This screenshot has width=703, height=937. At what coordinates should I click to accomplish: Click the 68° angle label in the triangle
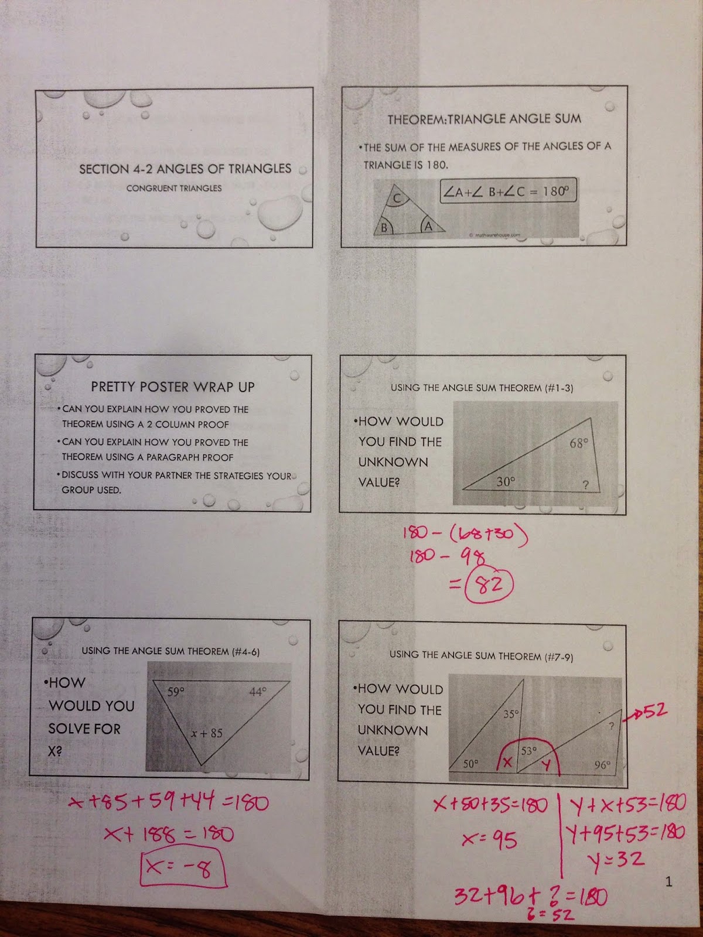[578, 443]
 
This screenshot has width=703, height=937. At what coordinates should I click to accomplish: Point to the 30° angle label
[506, 481]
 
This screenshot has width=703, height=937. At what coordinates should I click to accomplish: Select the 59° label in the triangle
[176, 692]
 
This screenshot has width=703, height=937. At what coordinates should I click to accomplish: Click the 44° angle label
[258, 692]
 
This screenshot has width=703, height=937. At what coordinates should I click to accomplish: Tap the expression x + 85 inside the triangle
[207, 733]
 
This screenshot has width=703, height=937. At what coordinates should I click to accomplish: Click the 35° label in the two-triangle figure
[511, 714]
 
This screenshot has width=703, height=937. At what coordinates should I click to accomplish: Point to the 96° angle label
[602, 765]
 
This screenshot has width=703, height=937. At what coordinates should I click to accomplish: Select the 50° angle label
[471, 764]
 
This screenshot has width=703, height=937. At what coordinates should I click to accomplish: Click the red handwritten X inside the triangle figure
[508, 762]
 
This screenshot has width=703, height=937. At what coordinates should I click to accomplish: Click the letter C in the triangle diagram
[397, 199]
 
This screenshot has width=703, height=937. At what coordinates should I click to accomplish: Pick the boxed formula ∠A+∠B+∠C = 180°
[507, 191]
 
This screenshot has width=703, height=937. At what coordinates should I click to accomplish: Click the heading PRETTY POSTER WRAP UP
[173, 387]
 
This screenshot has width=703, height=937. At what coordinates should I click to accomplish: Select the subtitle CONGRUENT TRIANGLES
[174, 188]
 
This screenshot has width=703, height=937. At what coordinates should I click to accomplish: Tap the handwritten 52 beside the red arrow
[655, 711]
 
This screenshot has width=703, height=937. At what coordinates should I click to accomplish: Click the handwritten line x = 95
[489, 840]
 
